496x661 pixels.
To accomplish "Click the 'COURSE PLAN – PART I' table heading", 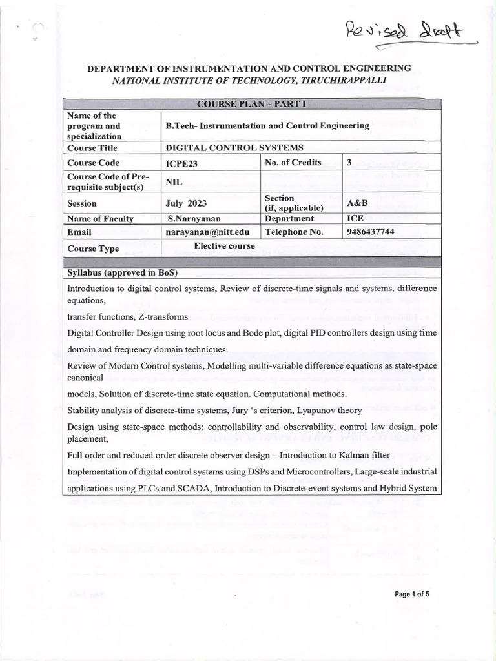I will pyautogui.click(x=249, y=105).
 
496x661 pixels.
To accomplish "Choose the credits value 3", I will pyautogui.click(x=349, y=163).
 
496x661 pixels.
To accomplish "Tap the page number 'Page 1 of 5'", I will pyautogui.click(x=411, y=595).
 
